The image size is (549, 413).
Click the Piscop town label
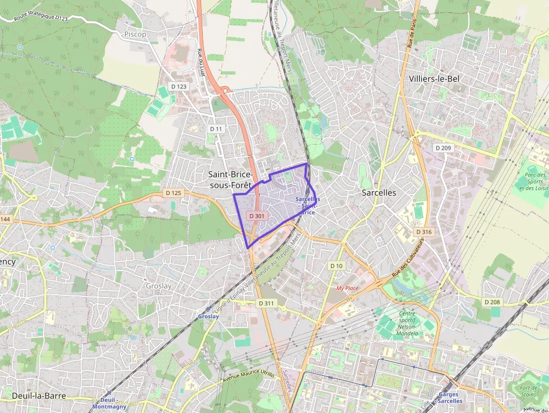pos(135,34)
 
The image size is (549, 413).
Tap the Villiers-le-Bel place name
pos(434,78)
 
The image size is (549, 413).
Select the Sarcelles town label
pos(379,192)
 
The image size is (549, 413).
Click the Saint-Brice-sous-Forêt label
pos(230,180)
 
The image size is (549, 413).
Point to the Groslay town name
pos(159,285)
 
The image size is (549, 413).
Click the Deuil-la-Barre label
pos(39,396)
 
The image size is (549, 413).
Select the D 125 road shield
pos(174,193)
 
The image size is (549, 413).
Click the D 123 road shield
pos(178,86)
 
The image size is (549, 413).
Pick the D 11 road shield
pos(216,129)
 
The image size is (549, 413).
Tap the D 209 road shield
pos(443,148)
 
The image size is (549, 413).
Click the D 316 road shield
pos(424,231)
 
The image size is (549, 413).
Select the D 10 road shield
pos(336,265)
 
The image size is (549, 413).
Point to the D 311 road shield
pos(267,303)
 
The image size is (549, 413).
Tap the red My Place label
pos(347,288)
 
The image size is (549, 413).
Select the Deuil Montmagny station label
pos(109,403)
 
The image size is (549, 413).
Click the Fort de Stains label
pos(528,391)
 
